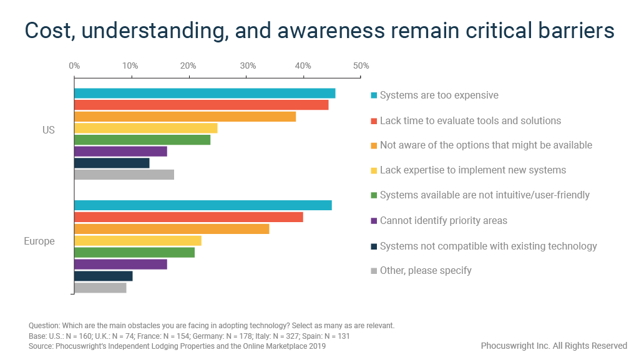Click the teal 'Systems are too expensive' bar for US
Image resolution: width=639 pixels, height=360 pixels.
coord(205,94)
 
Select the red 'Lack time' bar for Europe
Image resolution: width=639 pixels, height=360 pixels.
coord(188,217)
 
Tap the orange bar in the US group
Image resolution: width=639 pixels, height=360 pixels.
coord(185,117)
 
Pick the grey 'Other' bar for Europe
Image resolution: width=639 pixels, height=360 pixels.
coord(100,288)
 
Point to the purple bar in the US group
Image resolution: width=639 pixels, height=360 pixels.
coord(120,152)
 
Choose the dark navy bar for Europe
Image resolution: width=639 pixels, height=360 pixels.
coord(104,276)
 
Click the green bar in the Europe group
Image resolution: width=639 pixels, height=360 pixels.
coord(134,252)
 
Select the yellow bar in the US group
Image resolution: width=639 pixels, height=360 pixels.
coord(145,129)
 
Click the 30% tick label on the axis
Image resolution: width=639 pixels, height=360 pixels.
coord(246,66)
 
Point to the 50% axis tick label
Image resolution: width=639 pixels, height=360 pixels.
coord(361,66)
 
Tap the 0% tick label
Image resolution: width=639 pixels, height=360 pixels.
coord(74,66)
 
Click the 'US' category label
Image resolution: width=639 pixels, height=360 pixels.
coord(49,130)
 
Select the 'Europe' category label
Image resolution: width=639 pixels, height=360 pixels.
coord(39,241)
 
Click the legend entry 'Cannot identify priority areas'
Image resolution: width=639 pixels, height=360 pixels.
coord(443,220)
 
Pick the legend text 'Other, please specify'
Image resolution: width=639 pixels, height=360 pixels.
coord(426,270)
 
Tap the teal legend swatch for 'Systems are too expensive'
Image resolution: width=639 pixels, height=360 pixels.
coord(374,95)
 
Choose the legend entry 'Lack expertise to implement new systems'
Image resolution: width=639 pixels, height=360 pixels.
coord(472,170)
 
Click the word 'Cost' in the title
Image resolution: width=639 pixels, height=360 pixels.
coord(47,31)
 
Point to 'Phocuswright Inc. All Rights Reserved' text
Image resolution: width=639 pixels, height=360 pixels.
coord(554,346)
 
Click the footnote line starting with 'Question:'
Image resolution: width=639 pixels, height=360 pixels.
coord(212,326)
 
